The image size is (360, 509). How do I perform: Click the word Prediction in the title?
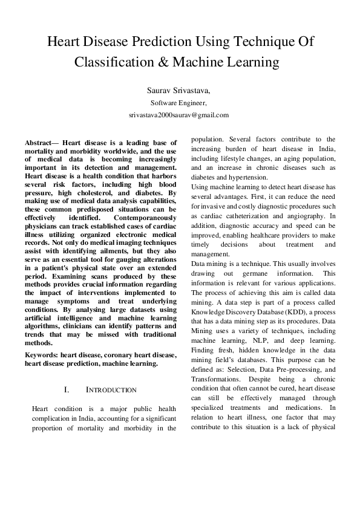tap(165, 43)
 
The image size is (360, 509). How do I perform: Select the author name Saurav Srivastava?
tap(179, 90)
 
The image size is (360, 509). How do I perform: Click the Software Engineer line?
tap(179, 103)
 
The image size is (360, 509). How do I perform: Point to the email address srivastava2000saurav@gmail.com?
tap(179, 114)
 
